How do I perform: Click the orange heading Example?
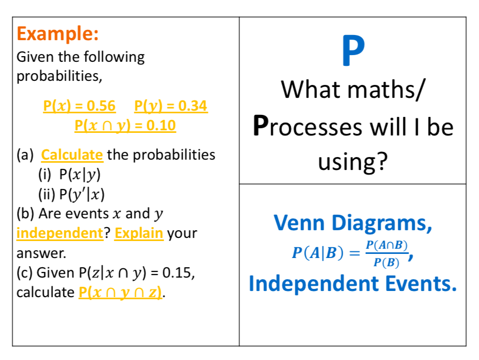click(58, 33)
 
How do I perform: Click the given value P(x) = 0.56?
click(79, 106)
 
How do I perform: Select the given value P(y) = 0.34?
click(171, 106)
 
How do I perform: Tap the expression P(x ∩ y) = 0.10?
click(125, 125)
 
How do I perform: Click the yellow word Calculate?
click(72, 155)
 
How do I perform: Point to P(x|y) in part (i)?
click(80, 175)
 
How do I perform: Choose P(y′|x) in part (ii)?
click(82, 194)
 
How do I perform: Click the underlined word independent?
click(60, 233)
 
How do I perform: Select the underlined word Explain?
click(139, 234)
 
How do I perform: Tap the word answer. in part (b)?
click(41, 253)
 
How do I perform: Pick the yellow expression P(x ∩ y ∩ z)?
click(120, 293)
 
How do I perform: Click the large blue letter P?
click(353, 50)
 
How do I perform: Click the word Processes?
click(308, 127)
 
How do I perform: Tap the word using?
click(353, 162)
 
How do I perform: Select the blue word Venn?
click(299, 223)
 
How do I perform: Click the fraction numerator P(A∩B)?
click(387, 245)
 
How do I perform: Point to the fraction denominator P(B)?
click(386, 263)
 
